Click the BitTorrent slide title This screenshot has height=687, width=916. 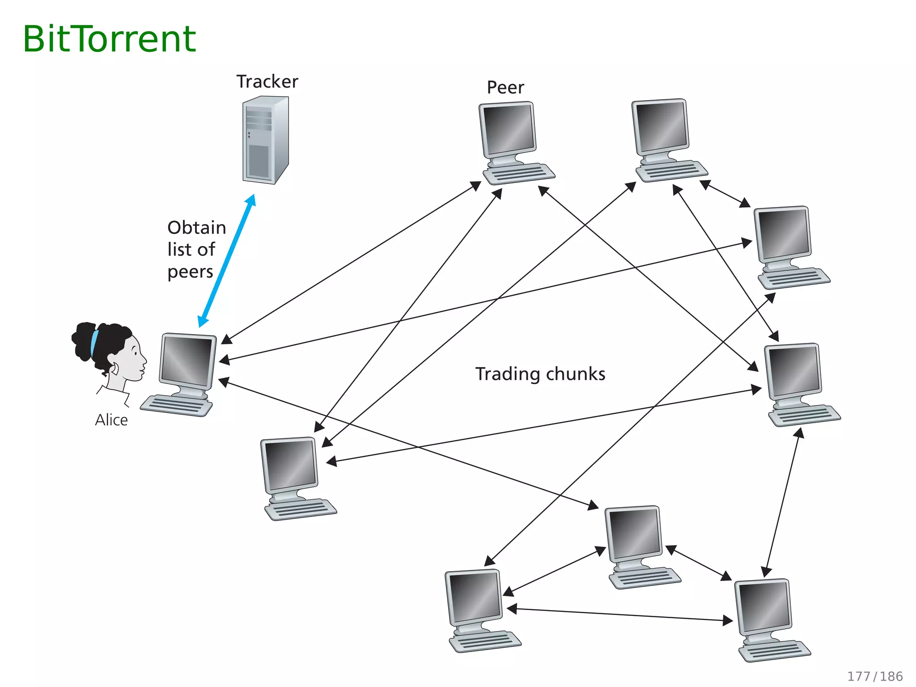pyautogui.click(x=109, y=39)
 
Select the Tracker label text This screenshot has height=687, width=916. pyautogui.click(x=267, y=82)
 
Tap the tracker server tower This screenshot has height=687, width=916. pyautogui.click(x=265, y=140)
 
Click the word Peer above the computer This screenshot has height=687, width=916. pyautogui.click(x=505, y=88)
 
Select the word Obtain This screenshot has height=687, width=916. pyautogui.click(x=196, y=228)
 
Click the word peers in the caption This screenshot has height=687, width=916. pyautogui.click(x=190, y=272)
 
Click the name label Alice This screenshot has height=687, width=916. pyautogui.click(x=111, y=420)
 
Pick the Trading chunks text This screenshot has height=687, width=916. pyautogui.click(x=540, y=374)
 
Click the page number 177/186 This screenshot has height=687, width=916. pyautogui.click(x=875, y=676)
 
